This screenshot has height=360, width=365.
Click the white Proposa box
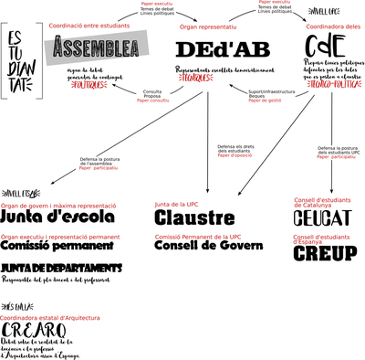[x=153, y=97]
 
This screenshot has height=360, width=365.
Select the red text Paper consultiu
[x=153, y=101]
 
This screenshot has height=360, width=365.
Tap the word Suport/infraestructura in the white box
[x=270, y=91]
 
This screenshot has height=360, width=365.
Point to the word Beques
[x=258, y=96]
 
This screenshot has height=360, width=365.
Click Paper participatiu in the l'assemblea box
[x=98, y=168]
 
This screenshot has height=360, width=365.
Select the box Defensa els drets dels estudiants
[x=236, y=150]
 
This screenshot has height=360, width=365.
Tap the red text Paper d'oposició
[x=235, y=155]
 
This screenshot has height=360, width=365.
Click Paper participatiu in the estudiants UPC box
[x=336, y=157]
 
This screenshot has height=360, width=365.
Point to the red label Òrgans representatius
[x=208, y=26]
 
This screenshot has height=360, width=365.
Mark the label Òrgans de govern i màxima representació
[x=59, y=206]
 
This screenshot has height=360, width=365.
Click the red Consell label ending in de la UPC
[x=198, y=237]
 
